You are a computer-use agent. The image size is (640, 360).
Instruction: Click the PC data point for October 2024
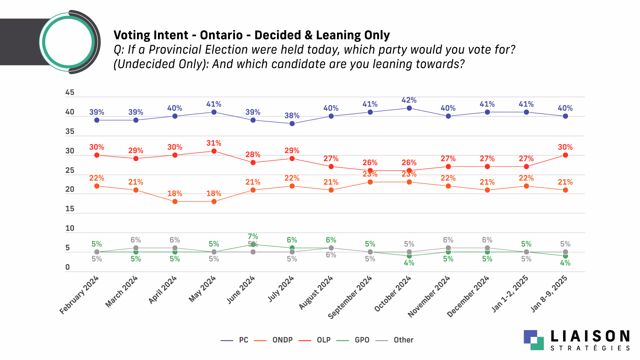tap(409, 108)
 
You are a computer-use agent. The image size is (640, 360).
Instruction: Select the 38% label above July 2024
tap(292, 116)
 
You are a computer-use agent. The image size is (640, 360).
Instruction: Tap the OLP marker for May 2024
tap(214, 151)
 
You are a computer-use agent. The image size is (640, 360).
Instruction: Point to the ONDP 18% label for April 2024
tap(175, 194)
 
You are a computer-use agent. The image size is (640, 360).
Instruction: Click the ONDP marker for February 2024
tap(97, 186)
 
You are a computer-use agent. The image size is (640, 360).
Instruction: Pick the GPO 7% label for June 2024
tap(253, 237)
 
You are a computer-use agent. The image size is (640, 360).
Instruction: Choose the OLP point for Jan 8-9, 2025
tap(565, 155)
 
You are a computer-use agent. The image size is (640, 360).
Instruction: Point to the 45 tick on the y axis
tap(70, 92)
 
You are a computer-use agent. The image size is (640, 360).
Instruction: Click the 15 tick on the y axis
tap(70, 209)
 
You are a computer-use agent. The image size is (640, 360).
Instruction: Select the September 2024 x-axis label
tap(350, 297)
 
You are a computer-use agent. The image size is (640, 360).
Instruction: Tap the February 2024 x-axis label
tap(79, 295)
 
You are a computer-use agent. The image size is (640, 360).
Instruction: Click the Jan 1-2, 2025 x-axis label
tap(510, 294)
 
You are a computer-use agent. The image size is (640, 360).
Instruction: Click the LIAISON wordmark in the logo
tap(590, 336)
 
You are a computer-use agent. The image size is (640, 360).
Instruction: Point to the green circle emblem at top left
tap(68, 42)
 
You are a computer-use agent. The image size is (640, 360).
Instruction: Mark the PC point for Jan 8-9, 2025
tap(565, 116)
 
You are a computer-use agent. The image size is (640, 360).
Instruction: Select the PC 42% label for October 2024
tap(409, 100)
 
